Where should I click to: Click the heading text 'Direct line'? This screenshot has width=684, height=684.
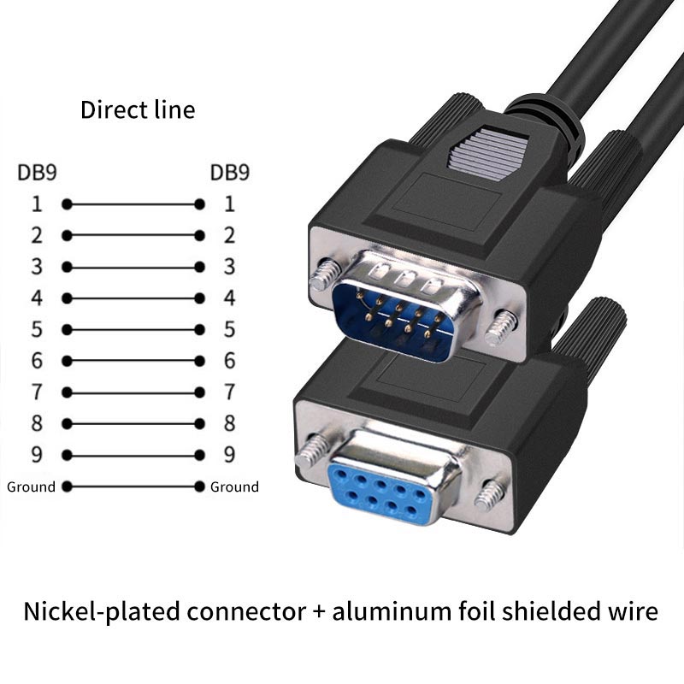pos(138,110)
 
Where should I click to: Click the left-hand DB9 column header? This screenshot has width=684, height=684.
pos(38,173)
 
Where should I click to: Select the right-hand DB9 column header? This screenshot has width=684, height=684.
pos(230,173)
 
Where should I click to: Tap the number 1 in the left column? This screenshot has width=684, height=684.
pos(37,204)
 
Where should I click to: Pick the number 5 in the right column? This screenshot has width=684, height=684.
pos(229,330)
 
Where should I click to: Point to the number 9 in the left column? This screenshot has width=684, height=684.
pos(37,455)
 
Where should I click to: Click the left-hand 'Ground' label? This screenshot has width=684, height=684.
pos(31,487)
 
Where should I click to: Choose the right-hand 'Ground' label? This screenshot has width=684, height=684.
pos(234,487)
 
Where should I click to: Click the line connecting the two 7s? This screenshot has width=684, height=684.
pos(133,392)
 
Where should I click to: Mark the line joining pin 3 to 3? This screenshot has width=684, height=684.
pos(133,267)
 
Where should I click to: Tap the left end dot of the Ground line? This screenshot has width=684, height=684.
pos(67,486)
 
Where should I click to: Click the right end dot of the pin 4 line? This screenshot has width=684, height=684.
pos(199,298)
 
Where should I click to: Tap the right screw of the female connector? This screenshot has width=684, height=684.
pos(492,495)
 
